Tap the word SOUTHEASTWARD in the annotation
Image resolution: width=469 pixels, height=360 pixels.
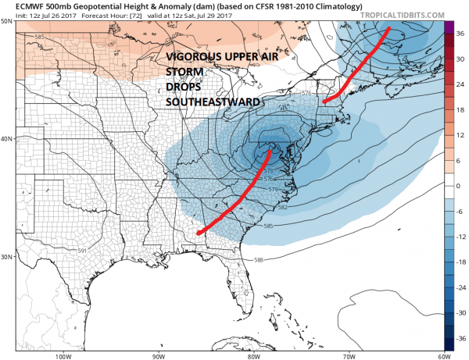pyautogui.click(x=208, y=102)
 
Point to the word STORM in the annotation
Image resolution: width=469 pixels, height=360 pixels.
pyautogui.click(x=182, y=73)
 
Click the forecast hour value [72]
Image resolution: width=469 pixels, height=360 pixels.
pyautogui.click(x=149, y=14)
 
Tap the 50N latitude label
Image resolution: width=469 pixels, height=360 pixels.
pyautogui.click(x=7, y=21)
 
